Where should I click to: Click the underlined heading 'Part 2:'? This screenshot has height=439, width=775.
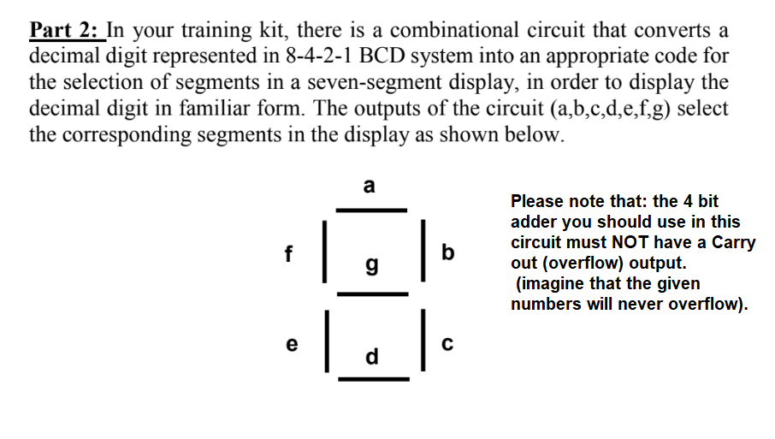65,31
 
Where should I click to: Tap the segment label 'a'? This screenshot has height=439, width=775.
369,185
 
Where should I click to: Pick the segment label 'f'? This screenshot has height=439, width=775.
289,252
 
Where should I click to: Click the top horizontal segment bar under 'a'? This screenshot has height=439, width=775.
370,210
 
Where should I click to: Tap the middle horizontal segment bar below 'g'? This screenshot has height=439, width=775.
370,294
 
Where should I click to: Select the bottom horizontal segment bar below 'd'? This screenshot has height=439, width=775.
370,377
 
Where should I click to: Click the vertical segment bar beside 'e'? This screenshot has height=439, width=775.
323,344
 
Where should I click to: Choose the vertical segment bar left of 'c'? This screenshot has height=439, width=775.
420,344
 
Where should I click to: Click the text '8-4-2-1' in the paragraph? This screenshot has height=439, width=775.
299,57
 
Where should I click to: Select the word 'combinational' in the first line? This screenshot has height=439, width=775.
462,31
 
